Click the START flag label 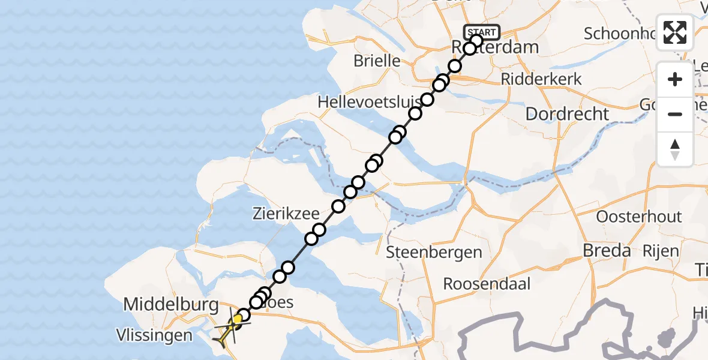[481, 32]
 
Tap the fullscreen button [675, 32]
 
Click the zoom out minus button [675, 114]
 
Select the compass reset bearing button [675, 149]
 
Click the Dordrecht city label [567, 114]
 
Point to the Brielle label [377, 61]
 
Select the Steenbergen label [434, 252]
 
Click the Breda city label [607, 251]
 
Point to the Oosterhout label [639, 217]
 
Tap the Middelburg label [170, 305]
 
